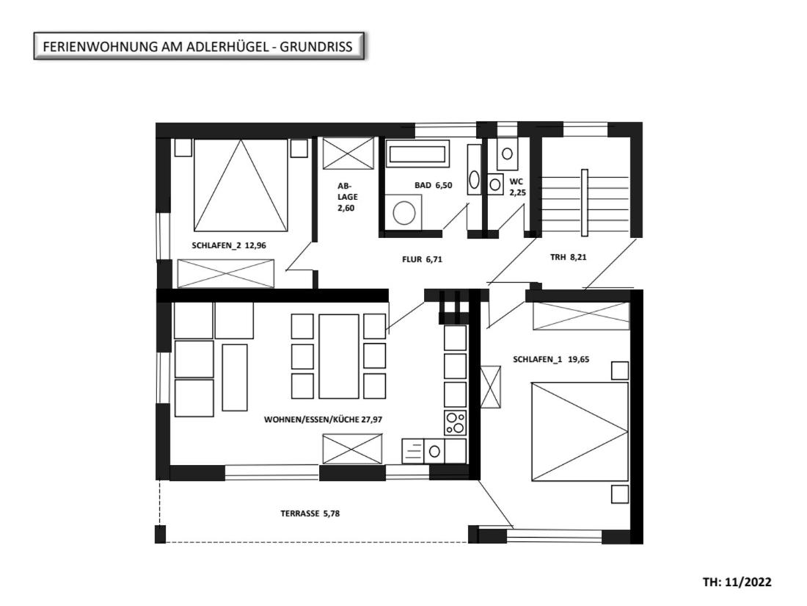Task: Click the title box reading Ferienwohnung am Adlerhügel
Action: pyautogui.click(x=199, y=46)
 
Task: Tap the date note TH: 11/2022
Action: pyautogui.click(x=737, y=582)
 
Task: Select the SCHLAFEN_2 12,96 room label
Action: pyautogui.click(x=229, y=245)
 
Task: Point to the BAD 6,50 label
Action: pyautogui.click(x=434, y=185)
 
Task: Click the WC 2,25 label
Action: pyautogui.click(x=517, y=187)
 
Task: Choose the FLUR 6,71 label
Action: pyautogui.click(x=422, y=259)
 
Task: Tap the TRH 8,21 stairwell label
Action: pyautogui.click(x=568, y=256)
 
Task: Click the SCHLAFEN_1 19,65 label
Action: pyautogui.click(x=551, y=359)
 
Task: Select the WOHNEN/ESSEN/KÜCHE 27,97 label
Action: pyautogui.click(x=324, y=419)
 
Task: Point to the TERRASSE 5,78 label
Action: pyautogui.click(x=310, y=513)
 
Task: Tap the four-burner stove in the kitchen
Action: pyautogui.click(x=456, y=423)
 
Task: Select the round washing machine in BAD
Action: pyautogui.click(x=403, y=212)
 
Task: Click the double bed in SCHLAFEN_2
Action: pyautogui.click(x=241, y=185)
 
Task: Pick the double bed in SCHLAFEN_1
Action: pyautogui.click(x=580, y=431)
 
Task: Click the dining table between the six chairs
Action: pyautogui.click(x=339, y=356)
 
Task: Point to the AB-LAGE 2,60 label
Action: pyautogui.click(x=346, y=197)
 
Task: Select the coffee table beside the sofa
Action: pyautogui.click(x=235, y=378)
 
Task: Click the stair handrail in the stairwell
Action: pyautogui.click(x=584, y=203)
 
